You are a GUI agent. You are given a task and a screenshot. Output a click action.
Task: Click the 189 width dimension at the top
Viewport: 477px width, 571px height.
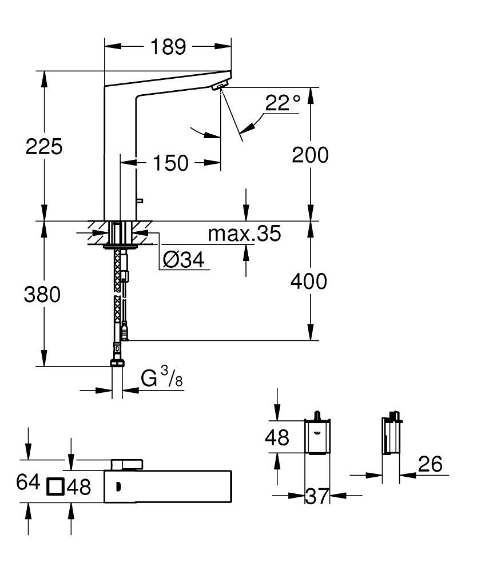168,47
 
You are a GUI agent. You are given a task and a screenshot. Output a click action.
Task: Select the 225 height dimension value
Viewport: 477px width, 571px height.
44,147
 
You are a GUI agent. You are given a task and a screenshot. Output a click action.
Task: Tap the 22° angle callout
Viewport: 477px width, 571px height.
283,103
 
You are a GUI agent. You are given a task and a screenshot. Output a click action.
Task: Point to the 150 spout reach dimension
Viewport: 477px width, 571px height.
170,163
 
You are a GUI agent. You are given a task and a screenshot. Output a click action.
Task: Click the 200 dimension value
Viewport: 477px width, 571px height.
311,155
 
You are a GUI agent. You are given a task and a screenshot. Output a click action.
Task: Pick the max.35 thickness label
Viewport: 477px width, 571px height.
244,234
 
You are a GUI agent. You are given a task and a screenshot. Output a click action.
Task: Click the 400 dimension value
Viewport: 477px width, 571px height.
309,281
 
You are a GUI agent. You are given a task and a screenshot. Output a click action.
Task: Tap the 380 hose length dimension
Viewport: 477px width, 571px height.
42,295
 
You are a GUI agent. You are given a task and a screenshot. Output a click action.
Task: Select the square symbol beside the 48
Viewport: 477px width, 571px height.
55,486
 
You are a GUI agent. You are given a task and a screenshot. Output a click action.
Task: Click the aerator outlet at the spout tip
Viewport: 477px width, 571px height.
218,87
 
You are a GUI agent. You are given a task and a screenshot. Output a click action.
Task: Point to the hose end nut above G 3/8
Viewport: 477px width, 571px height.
117,364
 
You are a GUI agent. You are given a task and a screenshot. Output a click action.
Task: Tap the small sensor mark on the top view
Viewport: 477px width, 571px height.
118,486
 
